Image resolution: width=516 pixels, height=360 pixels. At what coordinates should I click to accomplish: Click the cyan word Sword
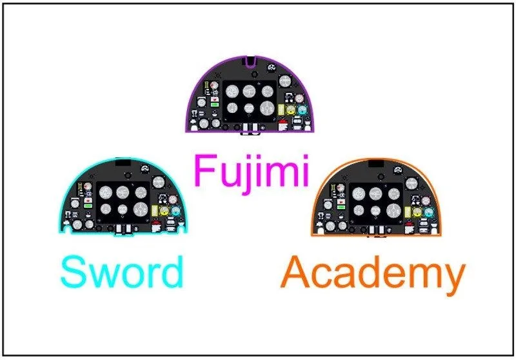122,272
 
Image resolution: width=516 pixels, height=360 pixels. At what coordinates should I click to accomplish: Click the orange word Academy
373,274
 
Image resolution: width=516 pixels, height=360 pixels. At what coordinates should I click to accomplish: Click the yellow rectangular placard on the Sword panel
155,211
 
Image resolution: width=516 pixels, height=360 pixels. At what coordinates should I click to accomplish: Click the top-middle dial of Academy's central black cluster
376,192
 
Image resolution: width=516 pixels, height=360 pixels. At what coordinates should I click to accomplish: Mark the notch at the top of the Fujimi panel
250,63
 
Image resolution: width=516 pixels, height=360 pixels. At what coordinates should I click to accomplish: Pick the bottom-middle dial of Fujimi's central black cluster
250,108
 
